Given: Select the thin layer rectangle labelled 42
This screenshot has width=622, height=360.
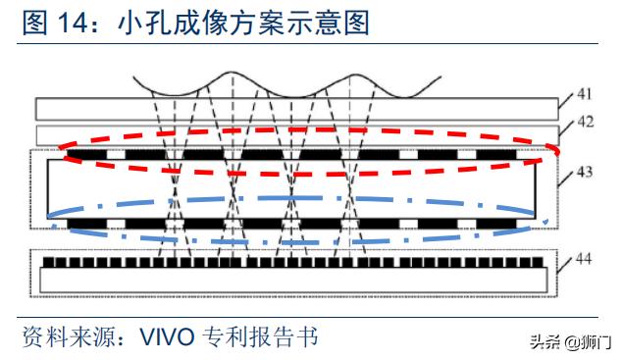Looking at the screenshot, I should pos(294,133).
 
